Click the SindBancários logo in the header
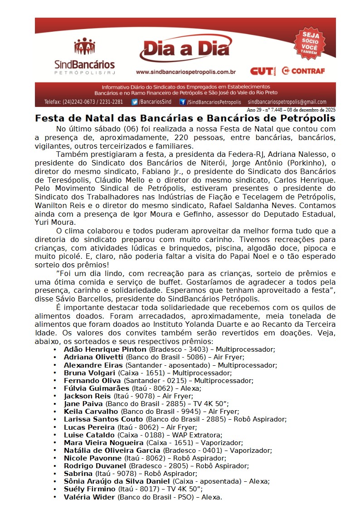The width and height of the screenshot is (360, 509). click(x=84, y=56)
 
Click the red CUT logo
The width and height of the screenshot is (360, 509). click(x=262, y=71)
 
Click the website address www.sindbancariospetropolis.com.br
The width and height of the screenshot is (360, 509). click(x=185, y=72)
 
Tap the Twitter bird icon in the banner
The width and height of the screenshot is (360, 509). click(x=135, y=102)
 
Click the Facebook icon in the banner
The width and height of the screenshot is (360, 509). click(x=183, y=102)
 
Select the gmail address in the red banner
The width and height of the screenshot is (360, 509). click(x=287, y=102)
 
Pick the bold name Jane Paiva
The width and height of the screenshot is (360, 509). click(x=84, y=403)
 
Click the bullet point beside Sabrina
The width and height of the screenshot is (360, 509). click(x=55, y=474)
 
